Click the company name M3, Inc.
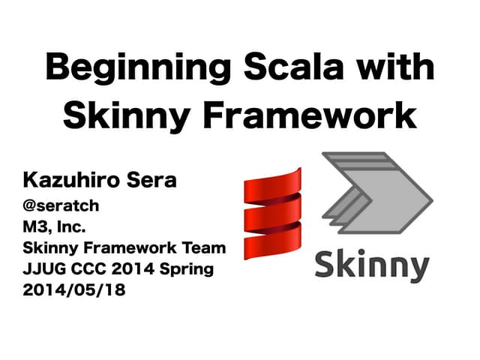(55, 225)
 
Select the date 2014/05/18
(73, 290)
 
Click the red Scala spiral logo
(273, 214)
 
